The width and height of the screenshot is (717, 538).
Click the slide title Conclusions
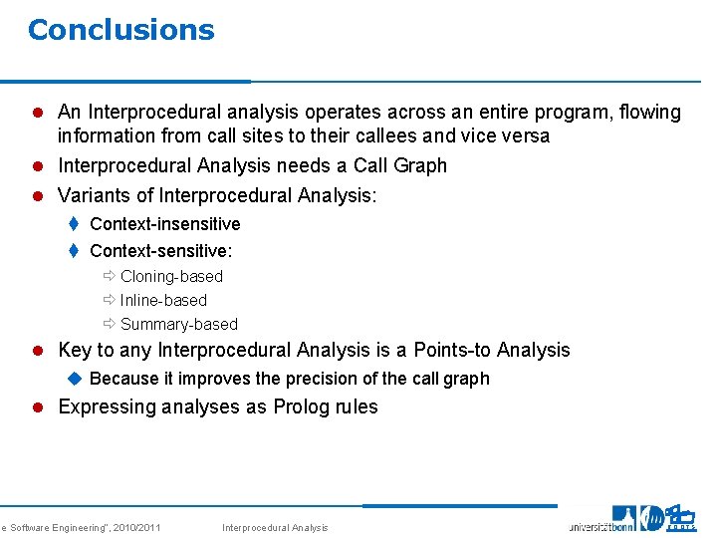coord(120,30)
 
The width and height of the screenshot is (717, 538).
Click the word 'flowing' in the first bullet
coord(648,112)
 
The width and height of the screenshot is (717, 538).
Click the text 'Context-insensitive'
coord(164,224)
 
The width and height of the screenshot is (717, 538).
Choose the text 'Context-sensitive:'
coord(160,252)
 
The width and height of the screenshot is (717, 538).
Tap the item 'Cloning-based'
coord(171,276)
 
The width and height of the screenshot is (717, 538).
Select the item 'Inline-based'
coord(163,300)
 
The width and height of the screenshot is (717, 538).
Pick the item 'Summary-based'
coord(178,324)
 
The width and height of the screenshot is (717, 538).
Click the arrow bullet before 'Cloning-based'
coord(109,276)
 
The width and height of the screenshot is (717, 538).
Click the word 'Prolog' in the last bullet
coord(307,406)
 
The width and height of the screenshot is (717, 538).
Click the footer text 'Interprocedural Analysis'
coord(274,527)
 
